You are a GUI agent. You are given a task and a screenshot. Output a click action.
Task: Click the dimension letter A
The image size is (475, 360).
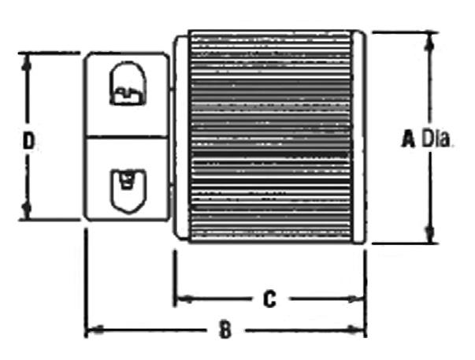(408, 139)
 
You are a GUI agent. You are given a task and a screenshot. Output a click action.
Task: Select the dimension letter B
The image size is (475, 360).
(225, 332)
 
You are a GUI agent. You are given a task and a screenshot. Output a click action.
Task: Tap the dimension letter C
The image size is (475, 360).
(269, 299)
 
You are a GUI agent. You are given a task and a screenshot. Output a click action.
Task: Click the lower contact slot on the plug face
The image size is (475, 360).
(125, 190)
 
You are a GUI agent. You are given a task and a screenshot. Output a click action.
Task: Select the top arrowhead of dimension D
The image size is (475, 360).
(28, 59)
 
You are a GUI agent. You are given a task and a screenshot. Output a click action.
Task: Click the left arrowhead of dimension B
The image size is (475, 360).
(91, 332)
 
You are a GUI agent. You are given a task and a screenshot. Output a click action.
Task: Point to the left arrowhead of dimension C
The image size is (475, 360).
(180, 299)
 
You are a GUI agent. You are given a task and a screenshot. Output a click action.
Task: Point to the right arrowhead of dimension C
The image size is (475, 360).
(360, 299)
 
